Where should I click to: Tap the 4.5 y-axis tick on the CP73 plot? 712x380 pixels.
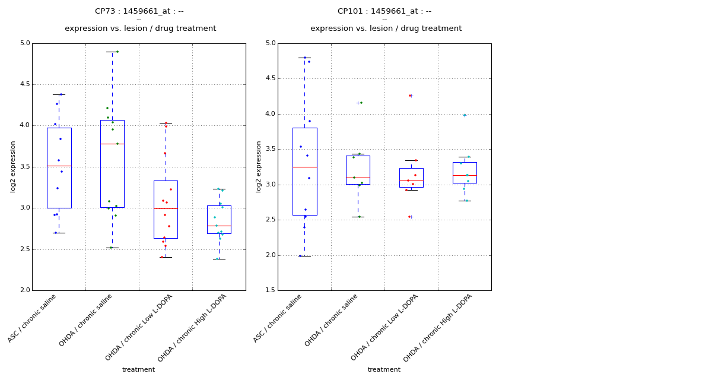[24, 84]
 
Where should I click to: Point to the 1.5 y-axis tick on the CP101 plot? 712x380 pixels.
[270, 290]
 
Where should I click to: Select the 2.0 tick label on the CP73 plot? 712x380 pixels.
[24, 290]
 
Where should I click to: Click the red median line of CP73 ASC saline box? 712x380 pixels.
[59, 166]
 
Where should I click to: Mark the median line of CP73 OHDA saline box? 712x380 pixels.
[112, 144]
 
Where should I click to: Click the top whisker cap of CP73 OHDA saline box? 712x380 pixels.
[112, 52]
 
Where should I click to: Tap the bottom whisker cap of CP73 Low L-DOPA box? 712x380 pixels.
[166, 257]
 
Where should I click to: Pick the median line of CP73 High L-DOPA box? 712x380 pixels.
[219, 226]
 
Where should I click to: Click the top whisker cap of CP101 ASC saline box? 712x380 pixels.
[304, 58]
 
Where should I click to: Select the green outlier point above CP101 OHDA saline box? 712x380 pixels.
[361, 103]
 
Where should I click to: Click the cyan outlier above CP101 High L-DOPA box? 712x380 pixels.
[465, 115]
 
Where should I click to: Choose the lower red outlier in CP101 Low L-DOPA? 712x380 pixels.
[409, 217]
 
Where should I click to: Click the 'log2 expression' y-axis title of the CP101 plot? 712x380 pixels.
[259, 166]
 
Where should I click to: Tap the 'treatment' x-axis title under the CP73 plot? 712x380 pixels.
[138, 370]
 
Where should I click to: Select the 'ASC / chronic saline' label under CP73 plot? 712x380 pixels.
[33, 318]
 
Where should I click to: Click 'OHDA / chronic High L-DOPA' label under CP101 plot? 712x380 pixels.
[438, 328]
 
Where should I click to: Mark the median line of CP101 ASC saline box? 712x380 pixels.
[304, 167]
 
